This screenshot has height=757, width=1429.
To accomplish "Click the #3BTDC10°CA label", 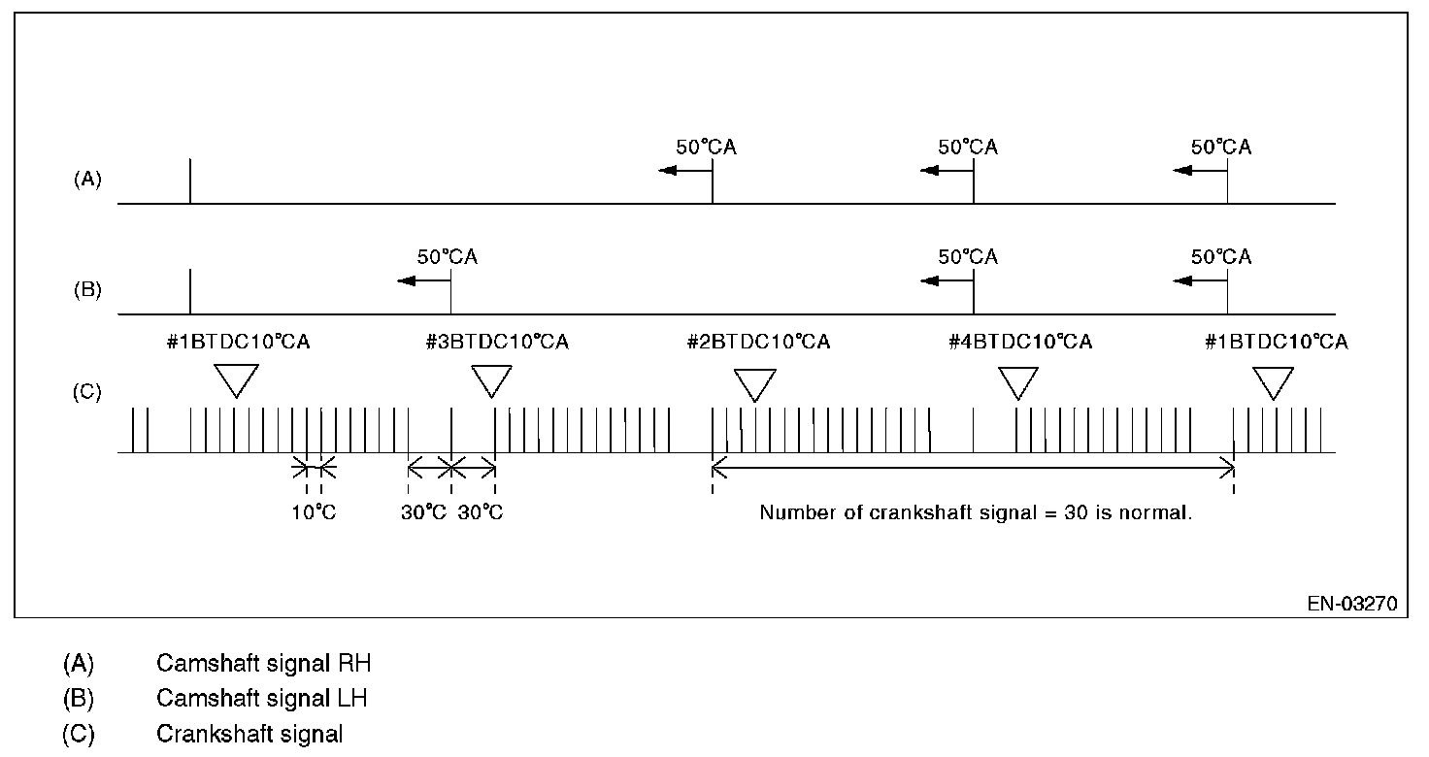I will point(496,343).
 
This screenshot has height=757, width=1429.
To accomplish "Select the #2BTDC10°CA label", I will point(757,343).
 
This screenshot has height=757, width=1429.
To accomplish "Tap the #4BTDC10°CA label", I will point(1019,343).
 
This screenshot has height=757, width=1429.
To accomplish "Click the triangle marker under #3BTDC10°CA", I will point(491,380).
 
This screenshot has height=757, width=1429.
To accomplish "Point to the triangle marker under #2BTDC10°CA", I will point(754,384).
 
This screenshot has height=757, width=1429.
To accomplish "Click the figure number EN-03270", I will point(1351,605).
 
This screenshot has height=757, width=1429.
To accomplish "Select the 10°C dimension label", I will point(314,512).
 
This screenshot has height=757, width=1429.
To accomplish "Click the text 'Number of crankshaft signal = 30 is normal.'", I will point(976,512).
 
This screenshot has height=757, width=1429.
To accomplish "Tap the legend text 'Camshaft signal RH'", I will point(263,665).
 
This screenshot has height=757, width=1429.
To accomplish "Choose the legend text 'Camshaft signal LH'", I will point(261,699).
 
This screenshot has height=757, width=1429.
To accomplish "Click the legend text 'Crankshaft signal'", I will point(249,734).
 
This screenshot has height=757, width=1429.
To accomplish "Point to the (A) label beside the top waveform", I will point(87,180).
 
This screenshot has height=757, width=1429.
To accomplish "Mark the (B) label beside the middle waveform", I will point(87,290).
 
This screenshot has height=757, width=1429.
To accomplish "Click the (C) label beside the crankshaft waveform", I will point(87,393).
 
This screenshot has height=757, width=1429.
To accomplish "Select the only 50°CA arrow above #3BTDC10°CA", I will point(423,280).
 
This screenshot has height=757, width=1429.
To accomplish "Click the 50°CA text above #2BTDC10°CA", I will point(706,148).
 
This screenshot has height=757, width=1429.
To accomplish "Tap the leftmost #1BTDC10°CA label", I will point(238,343).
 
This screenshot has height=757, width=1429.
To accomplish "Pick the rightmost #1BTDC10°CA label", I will point(1276,343).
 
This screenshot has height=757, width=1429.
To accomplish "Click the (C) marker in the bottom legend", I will point(78,734).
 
